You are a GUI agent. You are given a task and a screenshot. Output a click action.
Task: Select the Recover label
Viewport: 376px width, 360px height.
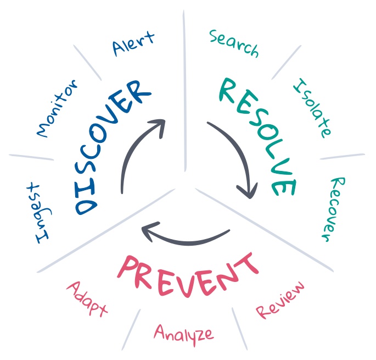click(x=332, y=209)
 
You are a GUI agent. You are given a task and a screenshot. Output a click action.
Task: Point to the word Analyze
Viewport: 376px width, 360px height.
click(x=183, y=333)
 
